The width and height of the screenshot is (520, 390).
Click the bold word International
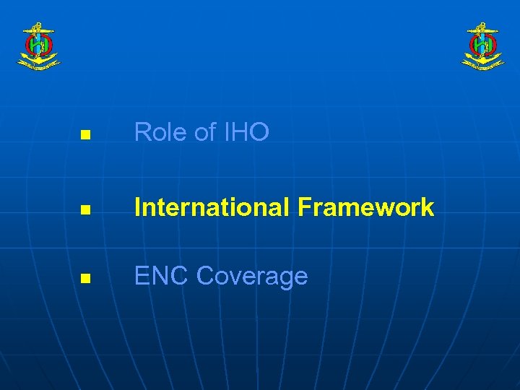210,208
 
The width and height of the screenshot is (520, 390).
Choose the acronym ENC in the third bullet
161,276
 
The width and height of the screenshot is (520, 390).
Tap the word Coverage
252,277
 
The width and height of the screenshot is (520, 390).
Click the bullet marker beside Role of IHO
84,135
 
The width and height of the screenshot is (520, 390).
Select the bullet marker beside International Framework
84,211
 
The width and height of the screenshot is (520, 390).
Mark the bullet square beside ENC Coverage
84,279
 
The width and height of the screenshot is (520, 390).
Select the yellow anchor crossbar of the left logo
39,31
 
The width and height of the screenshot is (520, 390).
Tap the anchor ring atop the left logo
39,25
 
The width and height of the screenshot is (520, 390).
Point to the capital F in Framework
303,208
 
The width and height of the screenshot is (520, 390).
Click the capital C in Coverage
206,277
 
